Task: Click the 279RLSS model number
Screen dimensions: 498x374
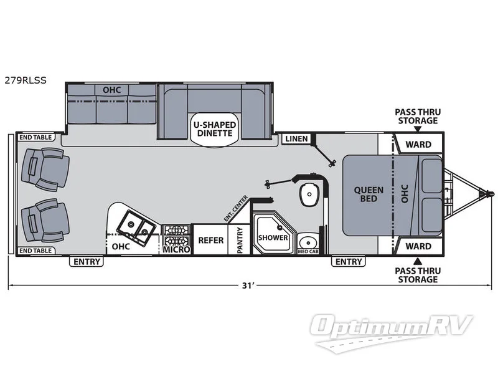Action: [x=26, y=80]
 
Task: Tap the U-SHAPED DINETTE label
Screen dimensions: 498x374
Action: [x=215, y=129]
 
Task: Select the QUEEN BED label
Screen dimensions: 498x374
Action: [x=369, y=194]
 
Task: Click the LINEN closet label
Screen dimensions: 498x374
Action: [x=296, y=138]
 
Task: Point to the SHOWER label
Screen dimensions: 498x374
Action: [x=273, y=237]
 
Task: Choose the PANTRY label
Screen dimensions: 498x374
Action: [x=240, y=240]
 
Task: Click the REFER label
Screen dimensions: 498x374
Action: [x=211, y=240]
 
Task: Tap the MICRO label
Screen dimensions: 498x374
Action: [x=176, y=250]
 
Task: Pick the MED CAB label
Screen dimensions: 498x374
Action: [x=308, y=252]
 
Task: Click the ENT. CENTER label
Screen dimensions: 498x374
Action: [x=235, y=209]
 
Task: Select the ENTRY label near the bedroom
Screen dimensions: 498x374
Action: [x=349, y=261]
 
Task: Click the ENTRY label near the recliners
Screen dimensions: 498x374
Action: [x=87, y=261]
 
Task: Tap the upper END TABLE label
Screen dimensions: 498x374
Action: [x=35, y=137]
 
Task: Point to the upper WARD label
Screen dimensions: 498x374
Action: [x=418, y=145]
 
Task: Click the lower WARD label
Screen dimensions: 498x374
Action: [x=418, y=246]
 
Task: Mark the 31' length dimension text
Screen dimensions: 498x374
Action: [x=247, y=285]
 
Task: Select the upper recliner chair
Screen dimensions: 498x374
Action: [x=45, y=169]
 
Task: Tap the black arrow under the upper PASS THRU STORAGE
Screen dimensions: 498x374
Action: [x=418, y=129]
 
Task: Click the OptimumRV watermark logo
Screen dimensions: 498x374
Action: [x=392, y=332]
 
